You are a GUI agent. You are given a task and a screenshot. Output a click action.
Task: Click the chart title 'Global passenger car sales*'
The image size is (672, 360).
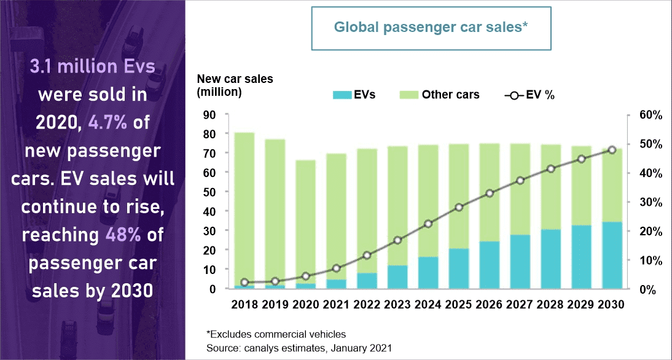point(431,28)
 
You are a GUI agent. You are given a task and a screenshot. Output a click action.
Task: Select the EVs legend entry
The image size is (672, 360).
point(354,95)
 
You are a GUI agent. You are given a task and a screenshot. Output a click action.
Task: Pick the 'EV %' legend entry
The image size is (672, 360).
point(529,95)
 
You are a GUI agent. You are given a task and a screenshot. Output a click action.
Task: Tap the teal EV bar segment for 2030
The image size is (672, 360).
point(612,256)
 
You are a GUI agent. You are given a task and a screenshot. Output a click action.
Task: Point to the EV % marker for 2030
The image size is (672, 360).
point(612,150)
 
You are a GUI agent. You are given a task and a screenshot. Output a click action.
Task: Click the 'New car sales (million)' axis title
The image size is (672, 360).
point(235,85)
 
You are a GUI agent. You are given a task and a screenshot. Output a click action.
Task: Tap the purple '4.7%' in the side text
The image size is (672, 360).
point(108,122)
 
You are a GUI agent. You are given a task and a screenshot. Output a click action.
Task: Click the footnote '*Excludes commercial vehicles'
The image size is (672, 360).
point(276,335)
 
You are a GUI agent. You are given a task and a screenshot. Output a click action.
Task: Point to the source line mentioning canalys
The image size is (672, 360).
point(299,348)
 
